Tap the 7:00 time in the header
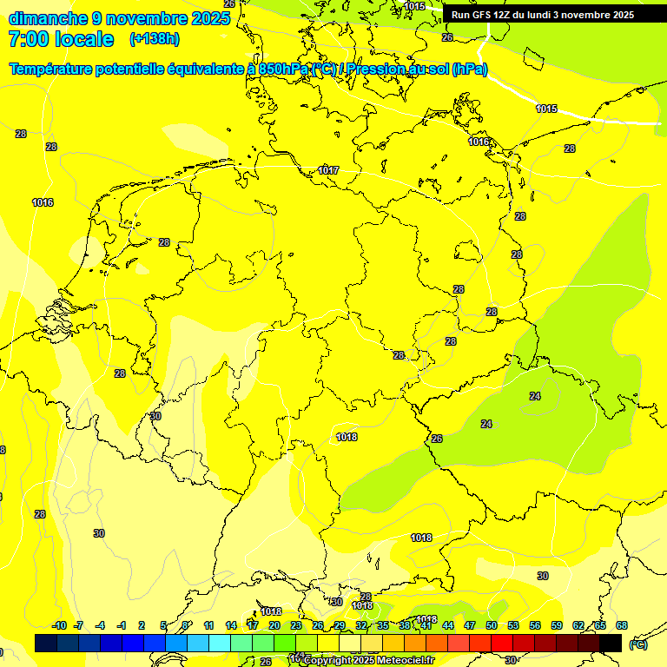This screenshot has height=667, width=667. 28,39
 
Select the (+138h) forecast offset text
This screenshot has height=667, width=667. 154,39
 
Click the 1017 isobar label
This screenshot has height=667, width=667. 328,170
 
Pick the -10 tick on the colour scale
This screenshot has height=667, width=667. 59,625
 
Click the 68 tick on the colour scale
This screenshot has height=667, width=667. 622,625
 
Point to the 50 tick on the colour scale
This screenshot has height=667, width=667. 492,625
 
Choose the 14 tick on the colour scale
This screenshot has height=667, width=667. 231,625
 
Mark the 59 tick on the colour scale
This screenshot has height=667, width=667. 557,625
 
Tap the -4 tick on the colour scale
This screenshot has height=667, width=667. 101,625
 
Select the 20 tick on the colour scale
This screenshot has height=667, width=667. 274,625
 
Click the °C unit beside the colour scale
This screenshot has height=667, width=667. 637,644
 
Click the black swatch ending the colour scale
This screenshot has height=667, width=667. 611,643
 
